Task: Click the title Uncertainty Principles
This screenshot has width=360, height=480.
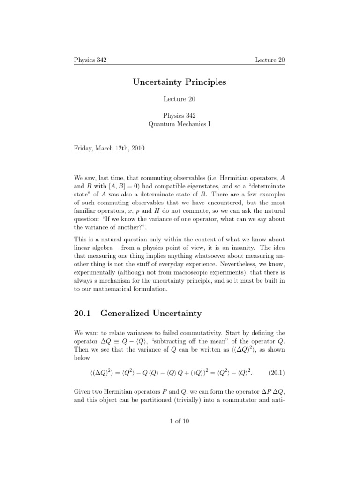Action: [180, 82]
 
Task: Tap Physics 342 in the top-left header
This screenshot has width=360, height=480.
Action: [90, 60]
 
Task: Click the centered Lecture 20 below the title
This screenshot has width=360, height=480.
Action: [180, 99]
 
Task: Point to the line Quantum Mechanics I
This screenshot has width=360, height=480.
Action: [180, 124]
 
